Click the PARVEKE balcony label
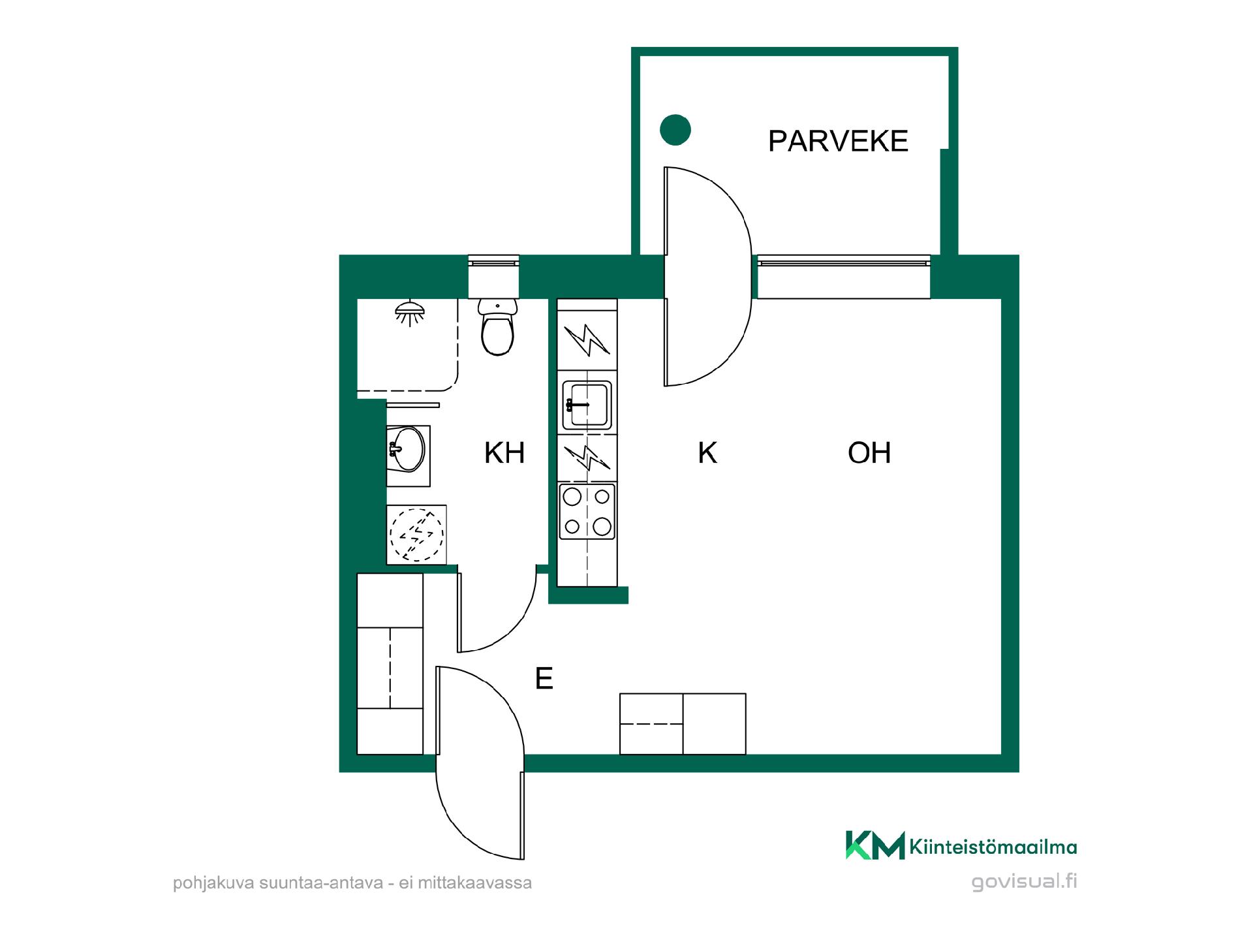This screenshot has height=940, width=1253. coord(838,141)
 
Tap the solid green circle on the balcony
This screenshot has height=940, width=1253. coord(675,130)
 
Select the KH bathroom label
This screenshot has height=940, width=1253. coord(504,452)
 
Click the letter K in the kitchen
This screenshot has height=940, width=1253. coord(707,452)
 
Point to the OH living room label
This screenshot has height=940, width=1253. coord(869,452)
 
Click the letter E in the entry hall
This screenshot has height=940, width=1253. coord(544,679)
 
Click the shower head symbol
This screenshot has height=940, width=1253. coord(409,313)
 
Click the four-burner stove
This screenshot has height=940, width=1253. coord(587,511)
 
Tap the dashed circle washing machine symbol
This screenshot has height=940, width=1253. coord(416,535)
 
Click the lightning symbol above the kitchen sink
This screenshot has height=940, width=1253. coord(587,339)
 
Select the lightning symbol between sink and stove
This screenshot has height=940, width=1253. coord(587,458)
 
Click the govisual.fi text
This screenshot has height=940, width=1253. coord(1024,881)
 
